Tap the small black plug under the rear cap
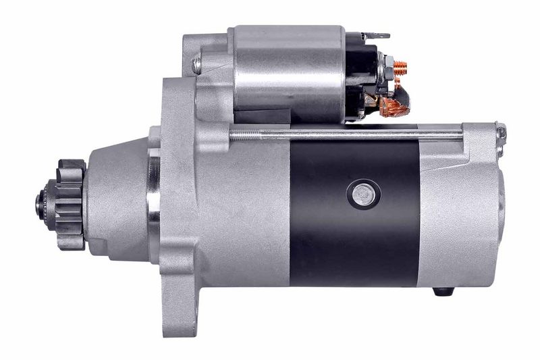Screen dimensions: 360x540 pos(442,292)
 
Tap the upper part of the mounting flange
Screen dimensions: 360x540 pos(179,101)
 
